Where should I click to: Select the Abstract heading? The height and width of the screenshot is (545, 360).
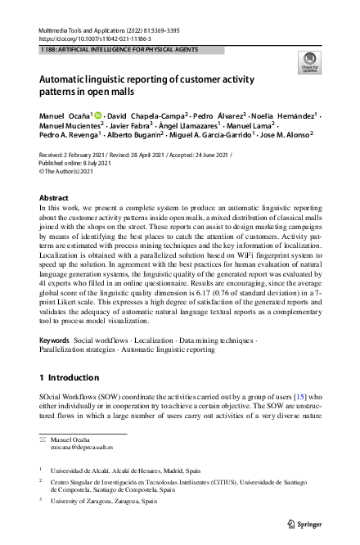pos(55,199)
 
